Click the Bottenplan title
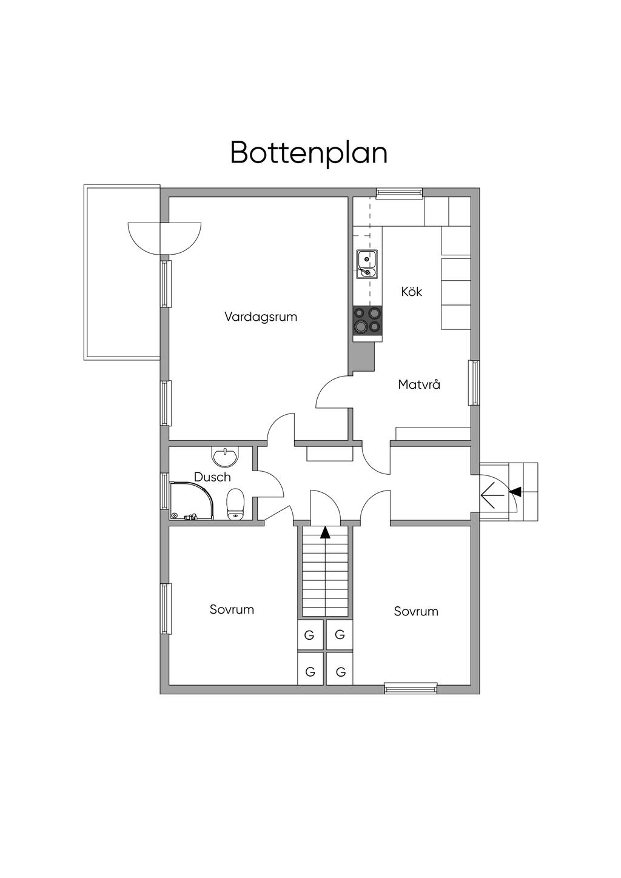[309, 153]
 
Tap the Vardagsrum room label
[261, 317]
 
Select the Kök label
[411, 292]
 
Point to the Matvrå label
[419, 384]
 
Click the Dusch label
[212, 477]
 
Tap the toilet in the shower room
[235, 504]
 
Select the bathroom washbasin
[225, 455]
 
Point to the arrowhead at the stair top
[326, 532]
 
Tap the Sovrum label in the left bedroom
[232, 609]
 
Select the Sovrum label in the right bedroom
[416, 611]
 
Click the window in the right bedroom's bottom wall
[411, 688]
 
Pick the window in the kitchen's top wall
[399, 193]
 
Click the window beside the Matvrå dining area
[474, 383]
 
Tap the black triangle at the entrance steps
[515, 491]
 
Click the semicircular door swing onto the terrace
[164, 238]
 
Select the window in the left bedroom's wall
[165, 609]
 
